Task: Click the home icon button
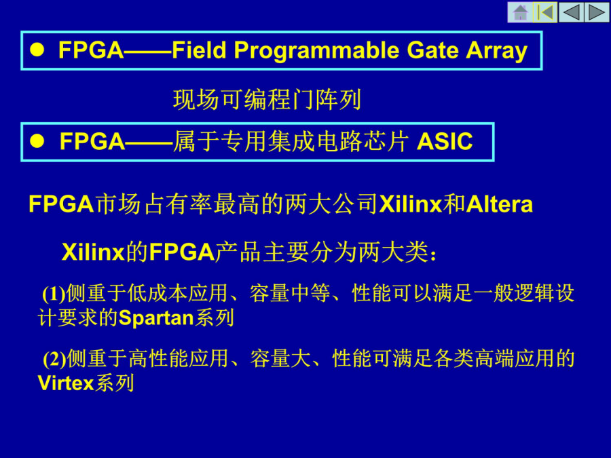coord(520,12)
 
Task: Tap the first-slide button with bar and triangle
coord(545,12)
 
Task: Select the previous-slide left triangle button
coord(571,12)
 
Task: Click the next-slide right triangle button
coord(597,12)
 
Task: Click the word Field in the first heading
coord(199,50)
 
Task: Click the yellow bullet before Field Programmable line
coord(37,50)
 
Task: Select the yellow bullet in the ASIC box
coord(37,141)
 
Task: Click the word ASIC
coord(445,141)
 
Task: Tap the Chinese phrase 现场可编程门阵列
coord(267,99)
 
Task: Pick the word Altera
coord(499,204)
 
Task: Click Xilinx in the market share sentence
coord(410,204)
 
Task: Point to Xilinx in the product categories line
coord(93,252)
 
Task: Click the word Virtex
coord(66,383)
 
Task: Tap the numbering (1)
coord(54,294)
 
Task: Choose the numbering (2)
coord(54,359)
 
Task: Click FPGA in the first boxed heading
coord(91,50)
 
